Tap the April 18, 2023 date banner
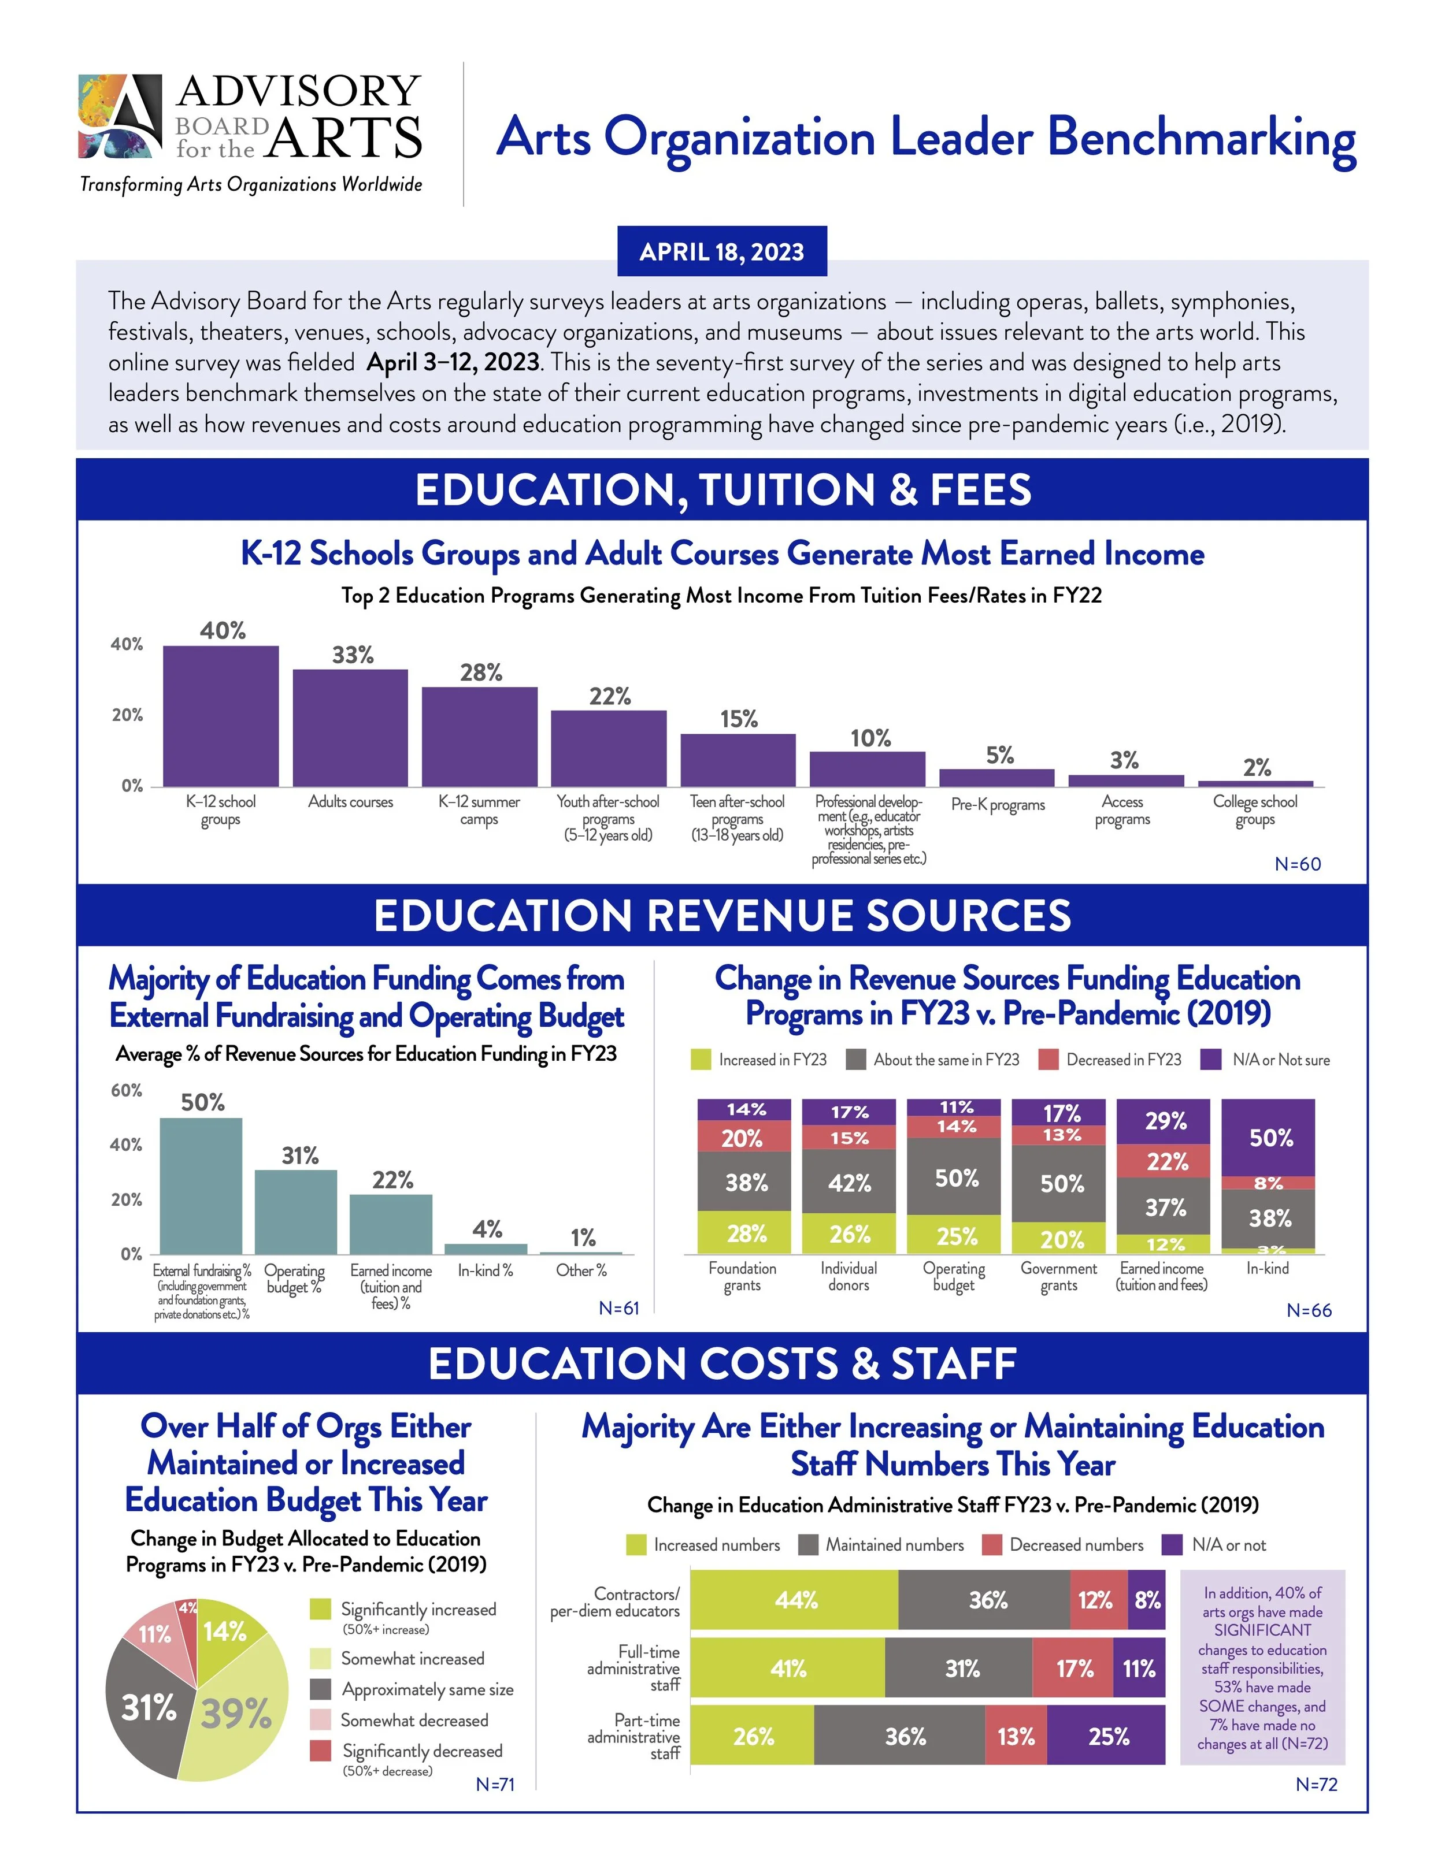pos(722,251)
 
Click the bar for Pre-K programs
pos(996,777)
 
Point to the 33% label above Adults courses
pos(353,656)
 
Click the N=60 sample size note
pos(1297,864)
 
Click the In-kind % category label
pos(486,1271)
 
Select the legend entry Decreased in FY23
pos(1111,1060)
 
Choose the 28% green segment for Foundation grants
pos(745,1233)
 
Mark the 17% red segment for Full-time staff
pos(1073,1668)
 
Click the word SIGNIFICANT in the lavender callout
pos(1262,1630)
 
